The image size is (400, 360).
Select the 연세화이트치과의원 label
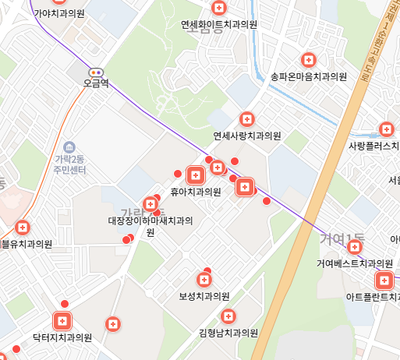pos(218,24)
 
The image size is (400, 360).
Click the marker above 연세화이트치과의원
pos(219,9)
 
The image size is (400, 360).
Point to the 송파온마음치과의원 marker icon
pos(308,60)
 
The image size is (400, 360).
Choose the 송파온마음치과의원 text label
pos(308,76)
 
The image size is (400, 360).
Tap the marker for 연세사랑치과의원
pos(246,119)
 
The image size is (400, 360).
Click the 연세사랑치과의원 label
pos(246,136)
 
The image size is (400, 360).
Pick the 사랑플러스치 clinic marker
pos(386,129)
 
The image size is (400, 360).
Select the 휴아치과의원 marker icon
pos(195,175)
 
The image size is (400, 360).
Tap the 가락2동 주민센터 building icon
pos(69,147)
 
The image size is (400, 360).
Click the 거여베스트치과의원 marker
pos(356,248)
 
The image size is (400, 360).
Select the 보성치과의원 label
pos(204,297)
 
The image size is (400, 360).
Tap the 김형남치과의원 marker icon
pos(228,316)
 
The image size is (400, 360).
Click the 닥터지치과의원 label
pos(62,338)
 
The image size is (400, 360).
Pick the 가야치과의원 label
pos(59,13)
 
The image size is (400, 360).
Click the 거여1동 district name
pos(343,237)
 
